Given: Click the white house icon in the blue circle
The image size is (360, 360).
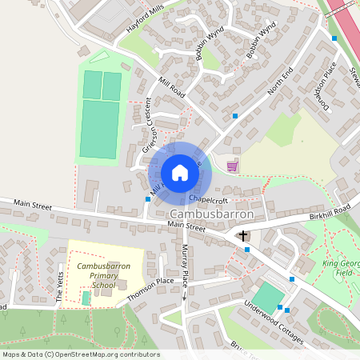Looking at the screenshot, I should coord(180,172).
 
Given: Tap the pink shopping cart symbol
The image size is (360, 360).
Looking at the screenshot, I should coord(232,166).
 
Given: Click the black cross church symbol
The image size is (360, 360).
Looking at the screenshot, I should coord(243,236).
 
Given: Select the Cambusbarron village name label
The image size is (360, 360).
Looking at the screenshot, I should coord(212,215).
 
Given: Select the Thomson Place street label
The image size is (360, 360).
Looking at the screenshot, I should coord(150,286).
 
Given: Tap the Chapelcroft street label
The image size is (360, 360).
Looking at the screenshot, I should coord(210,194).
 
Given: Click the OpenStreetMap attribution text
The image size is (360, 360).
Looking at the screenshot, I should coord(81,354).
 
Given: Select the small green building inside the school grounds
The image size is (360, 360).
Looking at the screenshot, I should coord(86,298).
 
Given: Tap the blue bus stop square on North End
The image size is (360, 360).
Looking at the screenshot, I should coord(235,117).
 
